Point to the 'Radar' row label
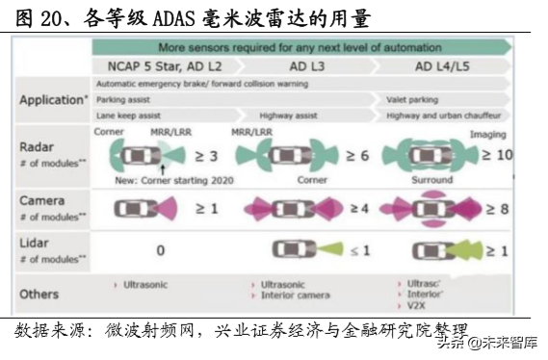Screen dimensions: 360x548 pos(38,146)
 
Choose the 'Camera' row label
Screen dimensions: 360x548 pos(42,200)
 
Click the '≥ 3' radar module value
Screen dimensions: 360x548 pos(207,156)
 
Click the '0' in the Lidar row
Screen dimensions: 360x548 pos(160,250)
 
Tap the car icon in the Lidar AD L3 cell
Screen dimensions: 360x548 pos(294,249)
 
